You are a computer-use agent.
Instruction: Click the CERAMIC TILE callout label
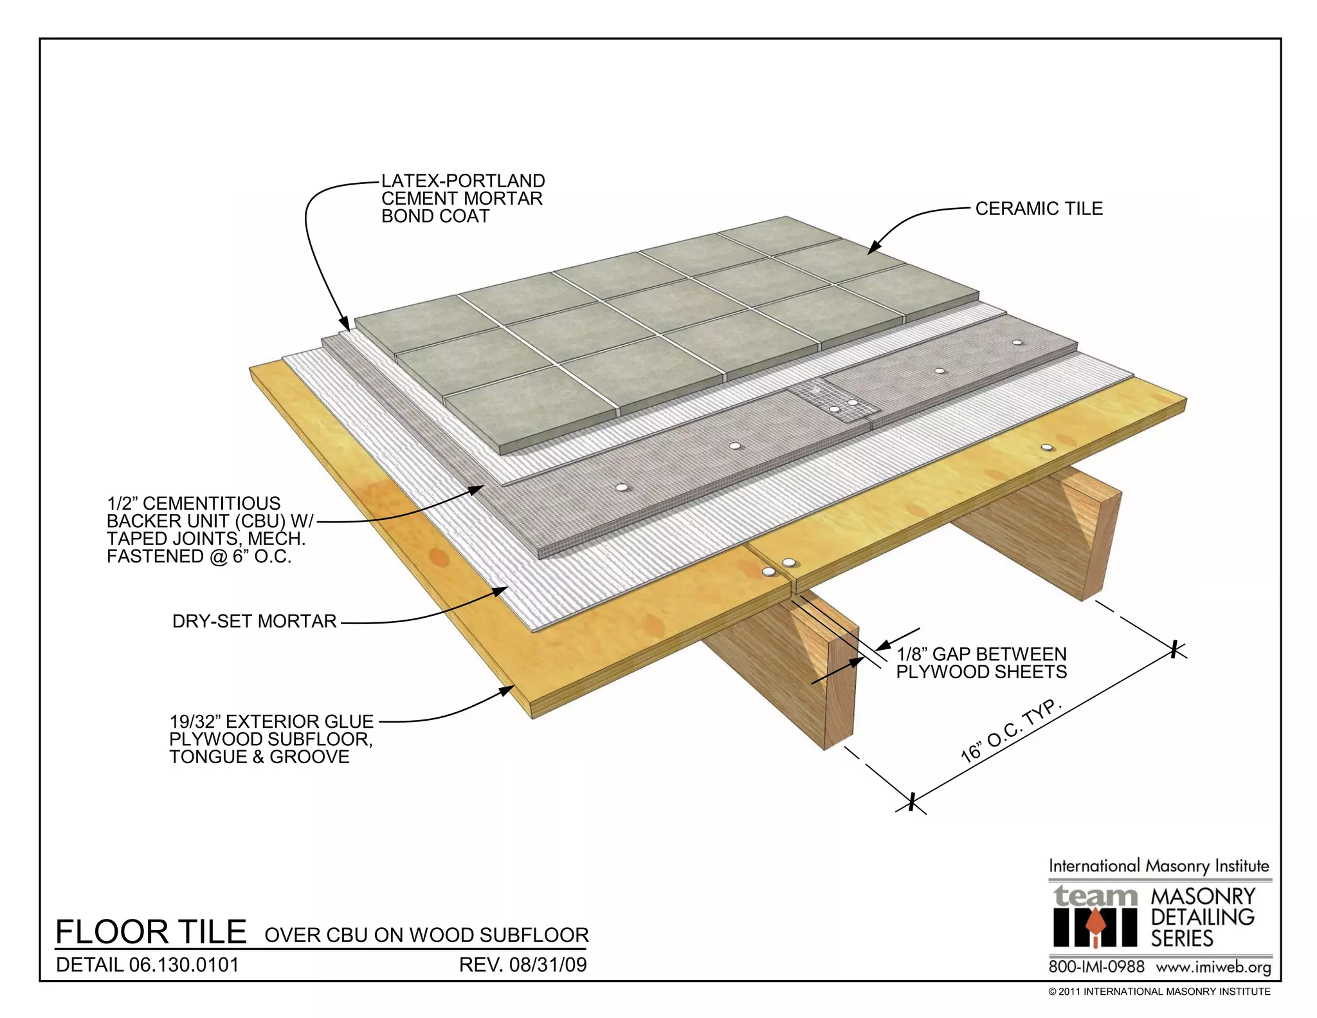coord(1039,208)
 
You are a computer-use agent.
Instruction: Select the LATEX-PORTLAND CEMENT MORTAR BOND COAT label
coord(462,198)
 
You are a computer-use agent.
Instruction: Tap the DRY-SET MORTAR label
coord(254,621)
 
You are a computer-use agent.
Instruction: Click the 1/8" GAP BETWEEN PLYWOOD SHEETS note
coord(981,663)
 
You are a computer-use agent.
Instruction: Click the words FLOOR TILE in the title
coord(151,932)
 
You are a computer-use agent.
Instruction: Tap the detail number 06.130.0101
coord(184,965)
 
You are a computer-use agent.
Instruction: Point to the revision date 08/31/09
coord(548,965)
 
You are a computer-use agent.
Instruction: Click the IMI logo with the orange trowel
coord(1094,927)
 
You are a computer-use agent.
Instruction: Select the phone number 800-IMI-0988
coord(1096,967)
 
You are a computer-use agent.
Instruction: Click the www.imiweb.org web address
coord(1213,967)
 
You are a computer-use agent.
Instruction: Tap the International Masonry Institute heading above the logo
coord(1159,866)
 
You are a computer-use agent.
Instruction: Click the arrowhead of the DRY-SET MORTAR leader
coord(506,589)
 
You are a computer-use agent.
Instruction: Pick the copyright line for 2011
coord(1159,992)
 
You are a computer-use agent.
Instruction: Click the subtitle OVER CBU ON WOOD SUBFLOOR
coord(426,935)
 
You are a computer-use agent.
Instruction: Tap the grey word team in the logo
coord(1095,896)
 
